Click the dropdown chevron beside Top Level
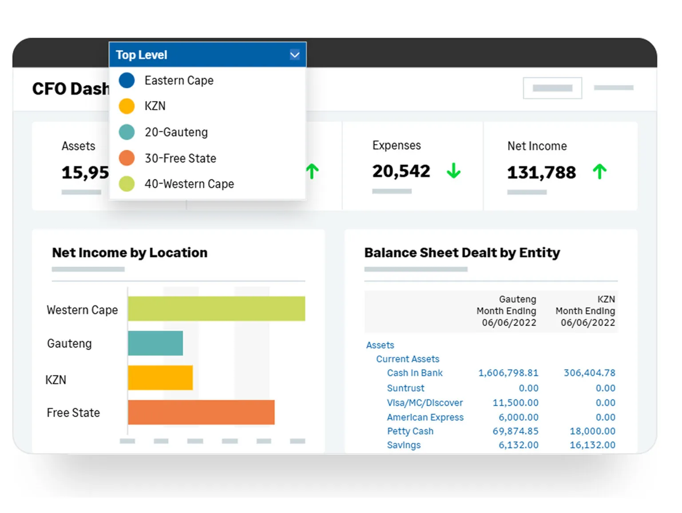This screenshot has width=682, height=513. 294,55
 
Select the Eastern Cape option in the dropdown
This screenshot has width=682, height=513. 178,80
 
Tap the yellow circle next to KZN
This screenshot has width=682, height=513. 127,106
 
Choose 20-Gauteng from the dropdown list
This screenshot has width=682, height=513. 176,132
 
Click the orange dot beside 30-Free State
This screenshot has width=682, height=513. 127,158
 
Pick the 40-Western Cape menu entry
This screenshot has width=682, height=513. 189,184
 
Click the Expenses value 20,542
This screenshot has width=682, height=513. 401,171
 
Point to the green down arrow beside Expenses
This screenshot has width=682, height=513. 453,171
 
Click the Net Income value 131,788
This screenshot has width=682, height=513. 541,172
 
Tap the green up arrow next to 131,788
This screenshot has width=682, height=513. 599,171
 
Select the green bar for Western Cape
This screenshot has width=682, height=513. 216,309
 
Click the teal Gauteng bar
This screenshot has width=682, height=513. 155,343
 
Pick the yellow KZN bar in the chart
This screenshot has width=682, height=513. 160,378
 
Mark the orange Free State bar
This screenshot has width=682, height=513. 201,412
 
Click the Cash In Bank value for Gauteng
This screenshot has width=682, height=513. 508,373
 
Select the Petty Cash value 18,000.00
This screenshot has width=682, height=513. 592,431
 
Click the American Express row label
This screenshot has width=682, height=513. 425,418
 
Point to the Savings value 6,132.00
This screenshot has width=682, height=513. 518,445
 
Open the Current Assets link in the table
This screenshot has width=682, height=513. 407,359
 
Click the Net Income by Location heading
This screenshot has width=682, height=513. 130,253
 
